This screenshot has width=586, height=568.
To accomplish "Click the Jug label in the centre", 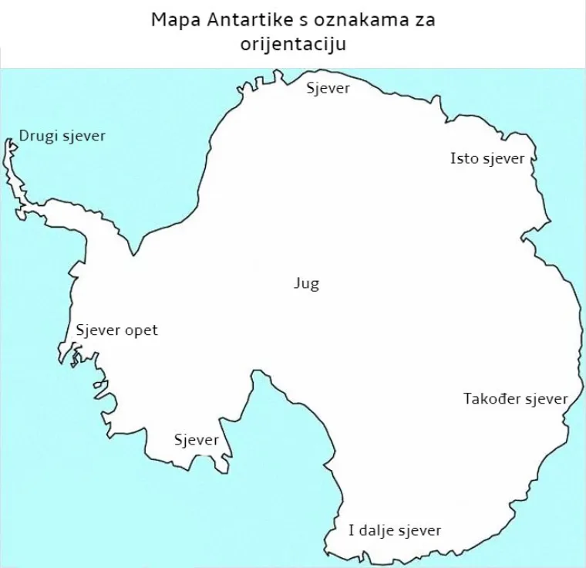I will [306, 283].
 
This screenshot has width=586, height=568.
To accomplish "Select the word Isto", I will [464, 158].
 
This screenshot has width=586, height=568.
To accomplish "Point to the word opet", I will [141, 331].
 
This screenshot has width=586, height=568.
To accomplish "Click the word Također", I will [492, 399].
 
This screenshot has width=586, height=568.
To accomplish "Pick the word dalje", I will [378, 530].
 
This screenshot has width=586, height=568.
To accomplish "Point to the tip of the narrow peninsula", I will [10, 142].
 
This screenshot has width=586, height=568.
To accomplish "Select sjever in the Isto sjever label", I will [504, 158].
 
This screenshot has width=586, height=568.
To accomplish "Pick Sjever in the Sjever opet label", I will [98, 330].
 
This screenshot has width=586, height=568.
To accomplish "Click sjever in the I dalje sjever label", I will [420, 530].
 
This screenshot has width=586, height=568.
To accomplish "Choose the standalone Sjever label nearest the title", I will [328, 88].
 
